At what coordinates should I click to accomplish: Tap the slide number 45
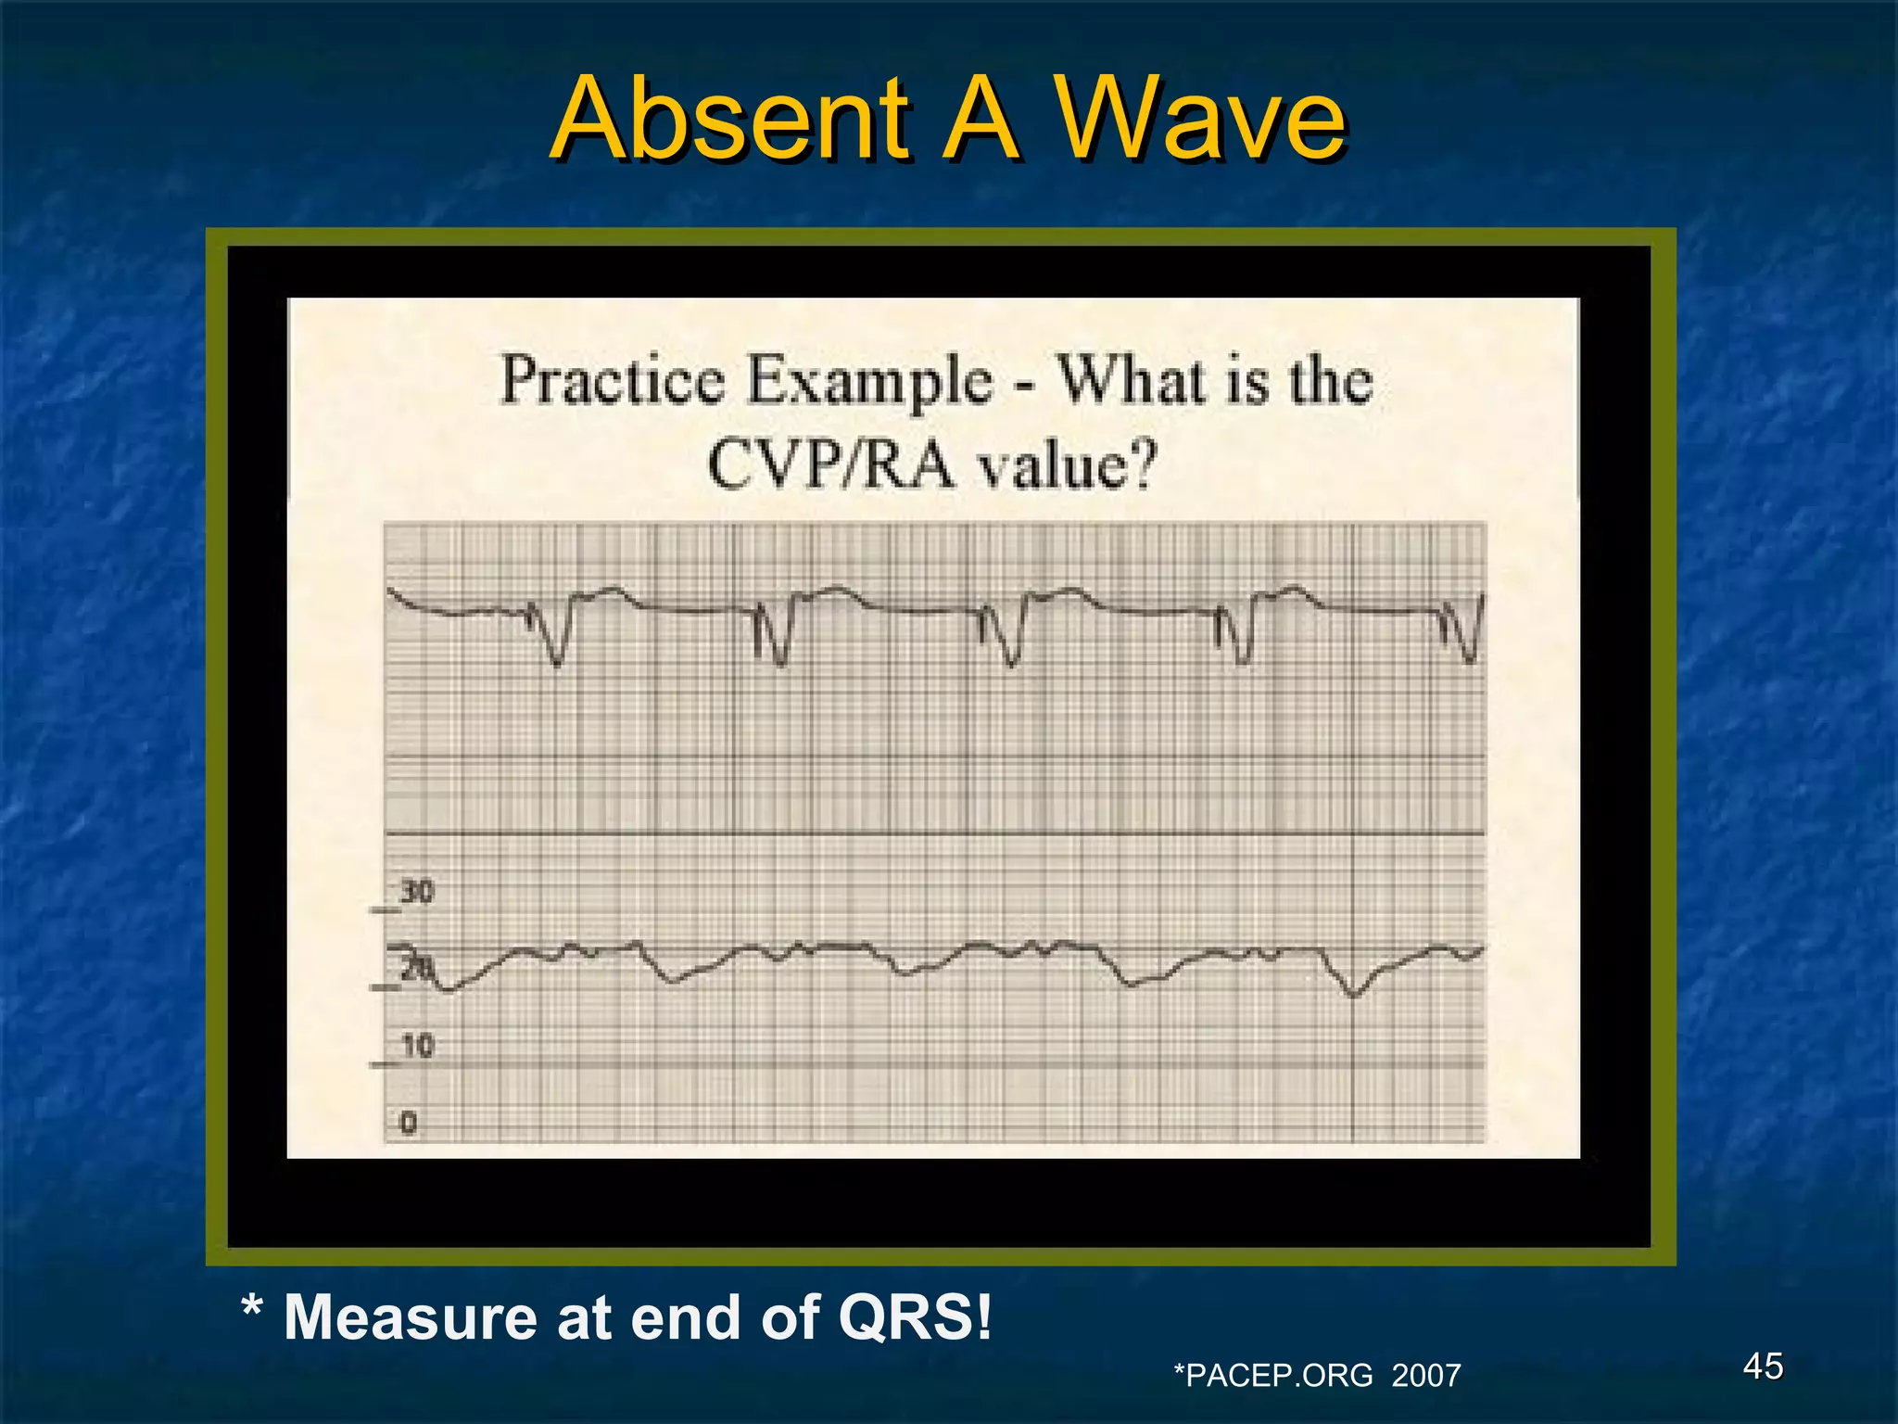1763,1367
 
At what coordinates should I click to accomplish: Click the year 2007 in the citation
1425,1375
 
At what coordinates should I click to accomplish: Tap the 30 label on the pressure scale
416,893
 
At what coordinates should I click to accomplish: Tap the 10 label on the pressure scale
417,1046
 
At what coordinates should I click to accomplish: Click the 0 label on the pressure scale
409,1124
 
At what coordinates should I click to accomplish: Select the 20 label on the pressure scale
416,969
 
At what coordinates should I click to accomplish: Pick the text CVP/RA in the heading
829,464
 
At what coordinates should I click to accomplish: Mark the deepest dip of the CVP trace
1353,995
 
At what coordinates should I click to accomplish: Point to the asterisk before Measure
250,1309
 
